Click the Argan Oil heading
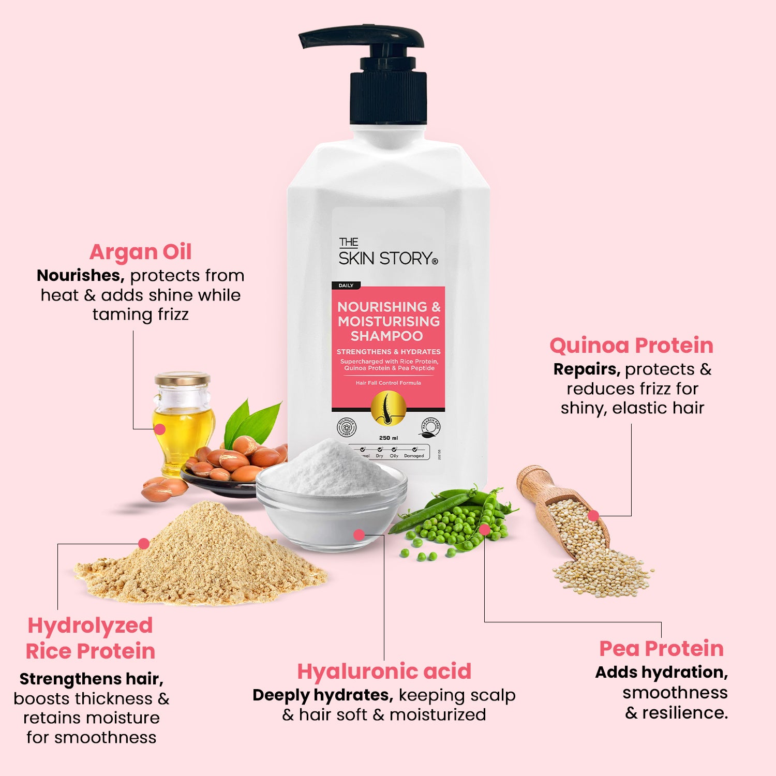pos(140,252)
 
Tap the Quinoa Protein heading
pos(631,345)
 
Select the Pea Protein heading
pos(661,648)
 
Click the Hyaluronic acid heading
pos(384,671)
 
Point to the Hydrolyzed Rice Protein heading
pos(91,638)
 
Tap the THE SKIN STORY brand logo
pos(387,252)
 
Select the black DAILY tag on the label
pos(346,286)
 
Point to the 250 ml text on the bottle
pos(388,438)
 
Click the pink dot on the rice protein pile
pos(144,544)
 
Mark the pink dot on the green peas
pos(484,529)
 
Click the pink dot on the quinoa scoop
pos(593,515)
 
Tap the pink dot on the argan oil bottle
pos(160,429)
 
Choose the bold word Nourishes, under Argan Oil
pos(80,275)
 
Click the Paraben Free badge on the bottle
pos(430,427)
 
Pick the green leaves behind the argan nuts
pos(253,422)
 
